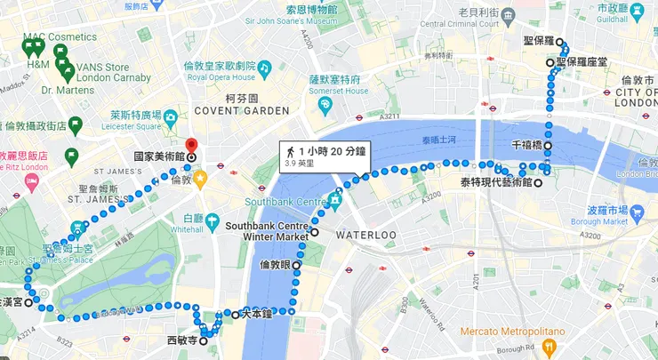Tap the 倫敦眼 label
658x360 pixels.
pyautogui.click(x=275, y=265)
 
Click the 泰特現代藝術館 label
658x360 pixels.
pyautogui.click(x=496, y=182)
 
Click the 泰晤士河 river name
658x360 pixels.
pyautogui.click(x=439, y=140)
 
